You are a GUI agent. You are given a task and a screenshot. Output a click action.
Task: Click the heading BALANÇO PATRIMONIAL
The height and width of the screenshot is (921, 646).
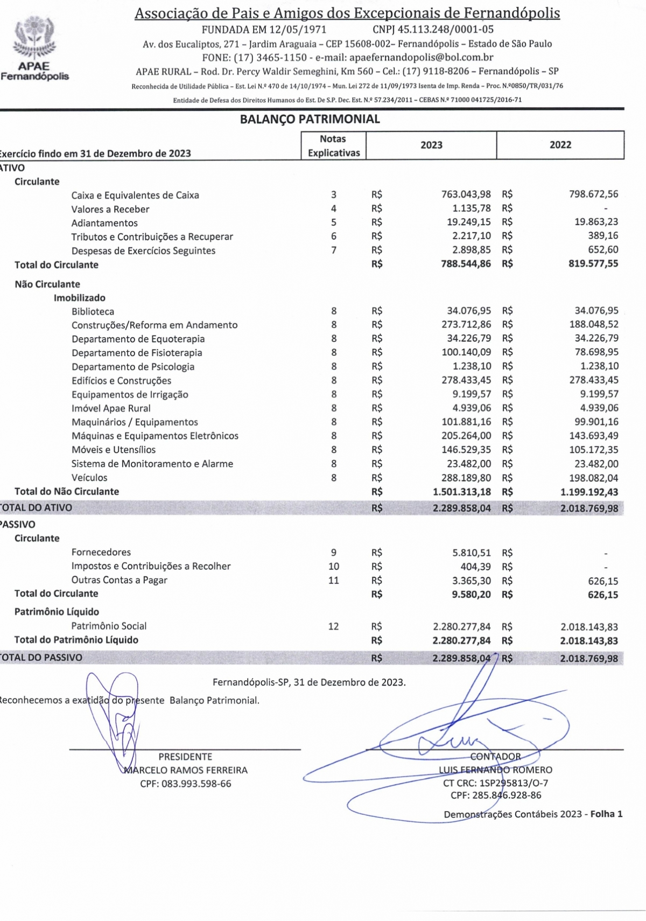tap(310, 119)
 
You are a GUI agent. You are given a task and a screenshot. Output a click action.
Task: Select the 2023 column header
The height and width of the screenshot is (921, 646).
tap(431, 145)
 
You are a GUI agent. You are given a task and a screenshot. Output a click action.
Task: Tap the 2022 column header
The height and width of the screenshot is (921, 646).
tap(560, 145)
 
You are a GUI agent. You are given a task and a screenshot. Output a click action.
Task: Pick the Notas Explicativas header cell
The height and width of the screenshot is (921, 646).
tap(333, 145)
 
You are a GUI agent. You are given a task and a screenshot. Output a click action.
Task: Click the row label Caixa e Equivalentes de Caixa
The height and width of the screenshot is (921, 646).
tap(135, 195)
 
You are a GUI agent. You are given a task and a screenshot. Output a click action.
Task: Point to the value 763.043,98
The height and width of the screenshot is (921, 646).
tap(466, 194)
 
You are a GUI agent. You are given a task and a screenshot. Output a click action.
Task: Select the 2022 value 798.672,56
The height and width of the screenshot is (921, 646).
tap(593, 194)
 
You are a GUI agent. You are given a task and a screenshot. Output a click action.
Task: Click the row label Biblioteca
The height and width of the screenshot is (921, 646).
tap(93, 311)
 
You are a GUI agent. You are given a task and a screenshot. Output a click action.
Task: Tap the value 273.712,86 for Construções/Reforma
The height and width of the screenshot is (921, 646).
tap(466, 324)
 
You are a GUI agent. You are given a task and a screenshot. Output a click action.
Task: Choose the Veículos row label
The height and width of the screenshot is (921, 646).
tap(89, 477)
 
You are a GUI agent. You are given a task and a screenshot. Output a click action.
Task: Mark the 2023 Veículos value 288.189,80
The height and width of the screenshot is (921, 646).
tap(466, 477)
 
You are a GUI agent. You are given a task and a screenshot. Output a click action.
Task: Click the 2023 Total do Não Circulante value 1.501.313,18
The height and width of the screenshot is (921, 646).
tap(461, 491)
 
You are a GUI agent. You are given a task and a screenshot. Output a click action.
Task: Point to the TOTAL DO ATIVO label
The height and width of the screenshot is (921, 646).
tap(36, 507)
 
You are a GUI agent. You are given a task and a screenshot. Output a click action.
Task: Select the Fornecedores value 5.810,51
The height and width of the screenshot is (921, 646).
tap(471, 553)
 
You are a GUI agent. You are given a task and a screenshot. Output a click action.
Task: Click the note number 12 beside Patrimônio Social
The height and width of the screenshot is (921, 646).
tap(333, 626)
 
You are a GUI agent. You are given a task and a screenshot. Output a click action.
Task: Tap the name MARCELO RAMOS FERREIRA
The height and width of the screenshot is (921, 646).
tap(186, 770)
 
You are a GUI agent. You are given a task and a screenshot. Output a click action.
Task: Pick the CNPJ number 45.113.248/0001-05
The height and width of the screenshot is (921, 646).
tap(445, 29)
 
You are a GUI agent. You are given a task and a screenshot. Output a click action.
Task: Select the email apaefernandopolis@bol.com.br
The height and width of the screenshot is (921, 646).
tap(421, 57)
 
